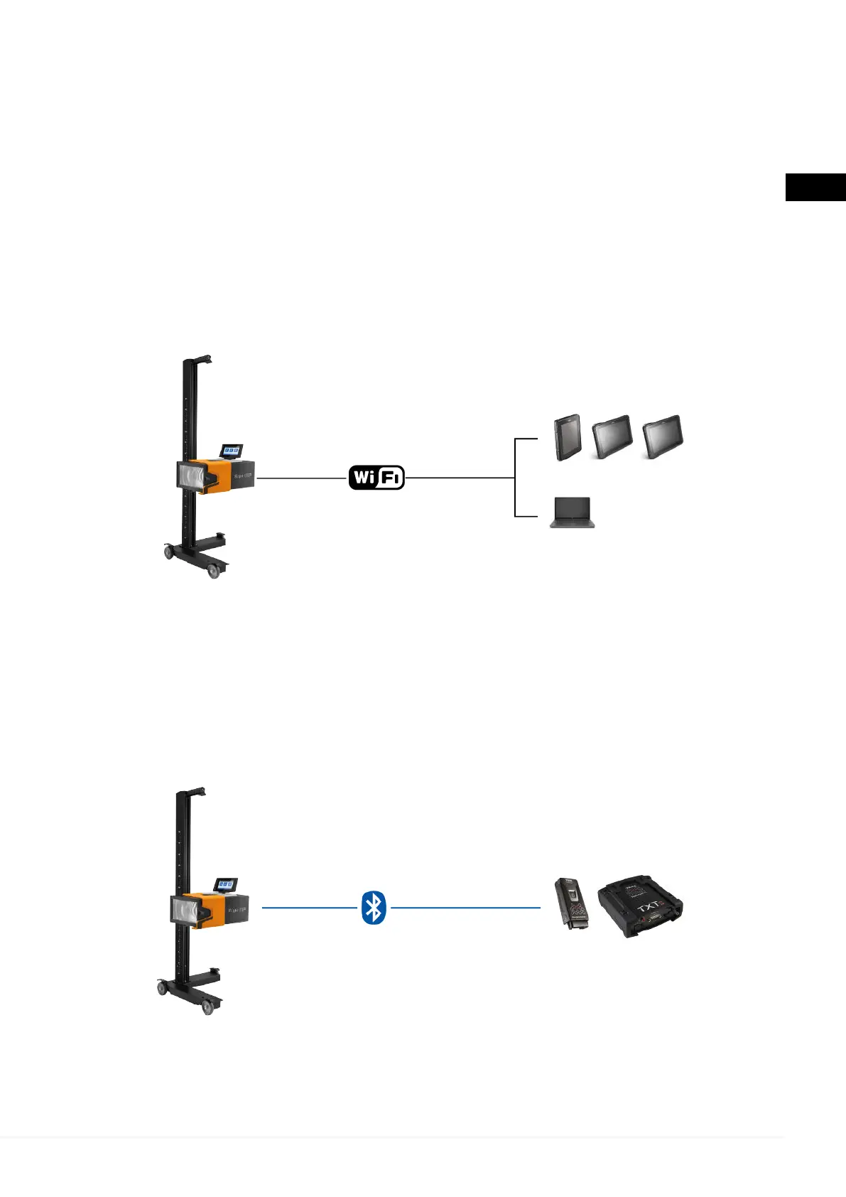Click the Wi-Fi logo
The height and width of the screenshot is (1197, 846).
pos(376,478)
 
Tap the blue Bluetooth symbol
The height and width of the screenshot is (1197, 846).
pos(374,908)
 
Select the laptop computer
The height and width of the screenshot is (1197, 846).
pos(572,513)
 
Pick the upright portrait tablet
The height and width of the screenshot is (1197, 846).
pos(568,438)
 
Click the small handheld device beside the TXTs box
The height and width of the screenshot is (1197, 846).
pos(571,904)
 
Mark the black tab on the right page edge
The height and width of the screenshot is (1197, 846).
pos(815,188)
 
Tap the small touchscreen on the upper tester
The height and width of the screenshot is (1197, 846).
pos(232,451)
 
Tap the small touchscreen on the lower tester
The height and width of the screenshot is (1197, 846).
pos(226,885)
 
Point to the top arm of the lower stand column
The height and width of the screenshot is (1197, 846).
pos(192,793)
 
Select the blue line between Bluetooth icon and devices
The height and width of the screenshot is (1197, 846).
pos(465,908)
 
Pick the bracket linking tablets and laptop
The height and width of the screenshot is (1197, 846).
pos(515,478)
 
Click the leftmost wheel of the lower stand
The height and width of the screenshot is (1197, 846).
pos(162,987)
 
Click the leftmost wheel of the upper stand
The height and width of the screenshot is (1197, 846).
pos(169,552)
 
